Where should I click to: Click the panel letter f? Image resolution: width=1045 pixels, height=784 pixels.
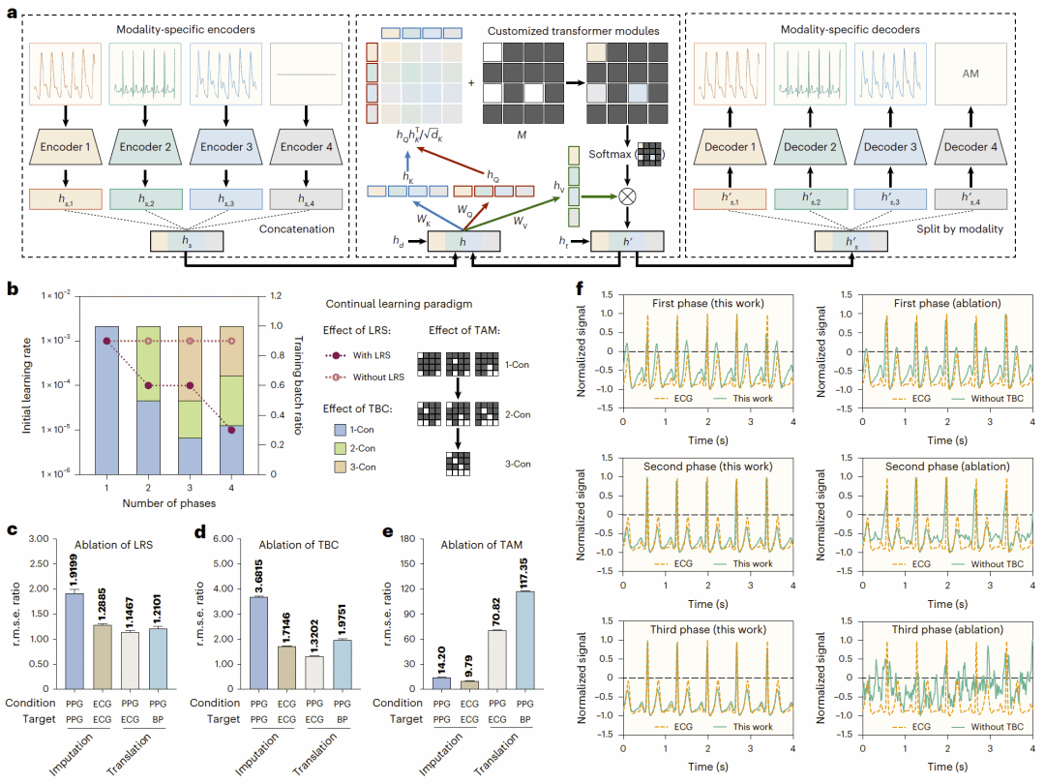tap(580, 288)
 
